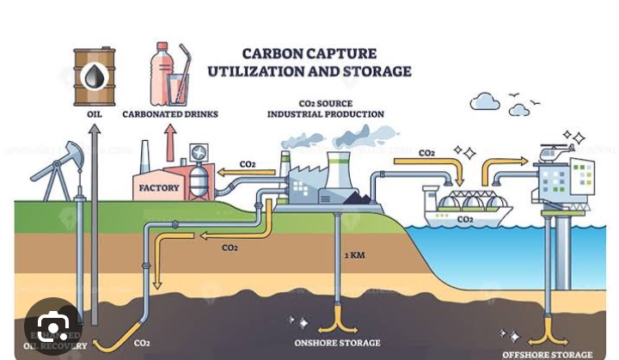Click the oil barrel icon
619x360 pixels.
pos(94,76)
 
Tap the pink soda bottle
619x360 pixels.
pos(161,74)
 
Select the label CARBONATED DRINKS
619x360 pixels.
pos(170,114)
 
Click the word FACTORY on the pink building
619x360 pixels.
pos(159,187)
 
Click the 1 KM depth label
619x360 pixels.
pos(355,256)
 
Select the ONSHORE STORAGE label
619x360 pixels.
pos(337,343)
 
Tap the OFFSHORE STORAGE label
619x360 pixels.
pos(548,354)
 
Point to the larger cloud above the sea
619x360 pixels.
pos(485,102)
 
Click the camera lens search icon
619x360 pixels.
pos(53,327)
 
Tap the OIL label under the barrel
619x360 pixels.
pos(95,114)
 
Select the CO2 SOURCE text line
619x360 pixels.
pos(325,102)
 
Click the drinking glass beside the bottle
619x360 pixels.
pos(178,87)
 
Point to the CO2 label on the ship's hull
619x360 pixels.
pos(465,220)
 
